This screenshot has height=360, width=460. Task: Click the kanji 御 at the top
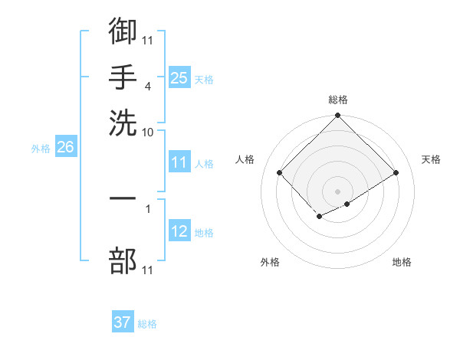pos(123,31)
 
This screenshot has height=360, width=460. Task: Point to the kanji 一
pos(123,198)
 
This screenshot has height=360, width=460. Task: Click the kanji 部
pos(123,260)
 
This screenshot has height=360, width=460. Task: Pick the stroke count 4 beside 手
pos(147,86)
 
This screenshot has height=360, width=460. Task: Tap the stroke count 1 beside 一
pos(148,208)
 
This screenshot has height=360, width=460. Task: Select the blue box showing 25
pos(179,78)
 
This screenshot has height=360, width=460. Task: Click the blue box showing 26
pos(65,148)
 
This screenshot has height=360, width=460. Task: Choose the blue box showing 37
pos(123,322)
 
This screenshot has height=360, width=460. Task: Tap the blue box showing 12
pos(179,231)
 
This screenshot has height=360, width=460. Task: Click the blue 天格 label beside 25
pos(204,79)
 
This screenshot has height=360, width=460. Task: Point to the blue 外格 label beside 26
pos(41,149)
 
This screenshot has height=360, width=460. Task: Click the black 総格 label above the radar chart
pos(338,100)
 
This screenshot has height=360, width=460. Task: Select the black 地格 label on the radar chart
pos(402,262)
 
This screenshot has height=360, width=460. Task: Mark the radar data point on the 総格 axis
pos(338,116)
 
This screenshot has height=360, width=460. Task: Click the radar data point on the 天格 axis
pos(396,173)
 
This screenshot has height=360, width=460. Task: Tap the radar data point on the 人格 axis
pos(280,173)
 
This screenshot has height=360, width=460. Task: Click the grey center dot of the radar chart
pos(338,191)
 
